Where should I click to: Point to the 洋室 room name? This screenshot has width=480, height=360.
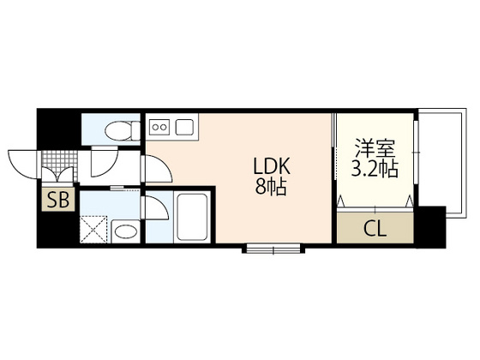[375, 147]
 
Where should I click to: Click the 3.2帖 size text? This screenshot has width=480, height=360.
[375, 168]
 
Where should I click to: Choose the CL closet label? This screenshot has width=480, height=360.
[375, 228]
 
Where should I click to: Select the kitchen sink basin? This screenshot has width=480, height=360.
[184, 127]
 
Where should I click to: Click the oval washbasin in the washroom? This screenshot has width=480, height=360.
[125, 231]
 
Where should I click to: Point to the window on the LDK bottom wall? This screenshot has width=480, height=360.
[273, 249]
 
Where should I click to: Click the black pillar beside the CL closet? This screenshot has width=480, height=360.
[432, 226]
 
